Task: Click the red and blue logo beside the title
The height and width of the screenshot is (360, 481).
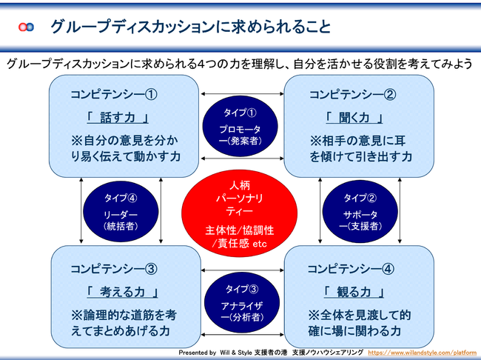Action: pos(26,27)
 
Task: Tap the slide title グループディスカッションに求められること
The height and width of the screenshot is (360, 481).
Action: pos(190,27)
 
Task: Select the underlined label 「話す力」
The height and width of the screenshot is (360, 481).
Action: pos(118,118)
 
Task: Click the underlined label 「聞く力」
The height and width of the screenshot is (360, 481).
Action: pos(354,118)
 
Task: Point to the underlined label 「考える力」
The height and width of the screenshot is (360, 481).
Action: pos(122,292)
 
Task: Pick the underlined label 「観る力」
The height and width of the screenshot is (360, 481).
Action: pos(354,292)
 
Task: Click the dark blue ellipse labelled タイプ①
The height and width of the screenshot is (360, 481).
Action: pos(240,126)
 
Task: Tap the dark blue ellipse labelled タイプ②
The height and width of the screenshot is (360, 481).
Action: pos(360,211)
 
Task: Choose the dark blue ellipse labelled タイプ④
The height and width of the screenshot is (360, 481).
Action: pos(121,211)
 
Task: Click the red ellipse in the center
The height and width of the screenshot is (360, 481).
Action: pos(240,213)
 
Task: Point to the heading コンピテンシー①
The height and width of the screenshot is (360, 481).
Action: pos(114,94)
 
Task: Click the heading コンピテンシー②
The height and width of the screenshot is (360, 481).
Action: pos(353,94)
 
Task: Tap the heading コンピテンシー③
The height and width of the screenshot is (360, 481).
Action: pos(114,269)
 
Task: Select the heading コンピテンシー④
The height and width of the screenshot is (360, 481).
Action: pos(351,269)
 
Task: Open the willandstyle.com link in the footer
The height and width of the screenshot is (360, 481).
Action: pos(423,353)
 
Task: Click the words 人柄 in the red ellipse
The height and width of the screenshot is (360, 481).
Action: pos(240,185)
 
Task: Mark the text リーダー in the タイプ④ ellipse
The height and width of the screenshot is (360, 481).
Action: pos(121,214)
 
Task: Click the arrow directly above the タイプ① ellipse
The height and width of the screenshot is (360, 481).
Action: pos(242,93)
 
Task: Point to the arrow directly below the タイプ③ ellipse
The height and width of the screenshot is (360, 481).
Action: pos(242,335)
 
